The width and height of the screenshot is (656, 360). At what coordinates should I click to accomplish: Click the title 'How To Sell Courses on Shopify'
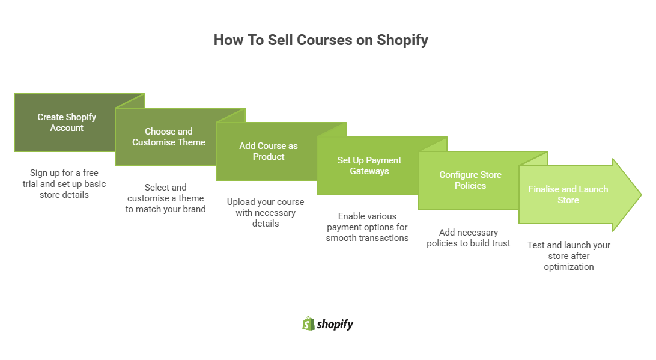coord(321,40)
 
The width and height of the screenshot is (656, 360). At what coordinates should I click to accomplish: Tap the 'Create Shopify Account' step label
coord(67,123)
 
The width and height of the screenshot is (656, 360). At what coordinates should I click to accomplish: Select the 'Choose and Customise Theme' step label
coord(169,137)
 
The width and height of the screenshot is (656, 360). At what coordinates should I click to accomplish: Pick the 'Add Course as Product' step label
coord(269,151)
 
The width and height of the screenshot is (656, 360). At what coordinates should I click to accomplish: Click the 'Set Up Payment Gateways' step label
coord(369,166)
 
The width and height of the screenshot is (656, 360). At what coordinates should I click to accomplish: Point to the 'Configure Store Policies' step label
coord(470,180)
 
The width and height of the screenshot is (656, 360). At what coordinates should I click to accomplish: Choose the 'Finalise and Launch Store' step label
coord(568,195)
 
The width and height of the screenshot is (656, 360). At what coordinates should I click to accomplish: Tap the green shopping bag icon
coord(308,323)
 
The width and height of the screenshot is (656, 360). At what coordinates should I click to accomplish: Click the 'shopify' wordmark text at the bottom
coord(336,324)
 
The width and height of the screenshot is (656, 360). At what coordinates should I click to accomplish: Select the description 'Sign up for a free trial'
coord(64,184)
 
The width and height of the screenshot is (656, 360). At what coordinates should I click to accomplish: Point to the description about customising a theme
coord(166,198)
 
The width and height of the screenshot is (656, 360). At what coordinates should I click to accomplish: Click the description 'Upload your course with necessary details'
coord(266,213)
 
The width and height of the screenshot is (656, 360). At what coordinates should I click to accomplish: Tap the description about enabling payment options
coord(367,227)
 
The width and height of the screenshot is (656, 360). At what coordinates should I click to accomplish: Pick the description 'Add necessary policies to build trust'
coord(469,238)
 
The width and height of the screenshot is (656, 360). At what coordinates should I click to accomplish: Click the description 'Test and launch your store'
coord(569,256)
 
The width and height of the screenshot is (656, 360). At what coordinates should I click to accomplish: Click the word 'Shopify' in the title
coord(402,40)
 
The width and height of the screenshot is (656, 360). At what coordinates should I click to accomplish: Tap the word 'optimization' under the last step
coord(569,267)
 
